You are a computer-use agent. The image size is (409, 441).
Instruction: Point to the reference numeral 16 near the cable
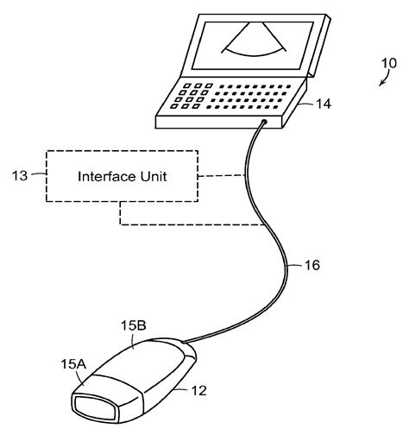click(311, 265)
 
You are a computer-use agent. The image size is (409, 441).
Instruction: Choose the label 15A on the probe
click(73, 365)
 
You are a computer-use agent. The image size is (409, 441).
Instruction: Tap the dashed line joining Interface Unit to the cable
click(222, 177)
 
